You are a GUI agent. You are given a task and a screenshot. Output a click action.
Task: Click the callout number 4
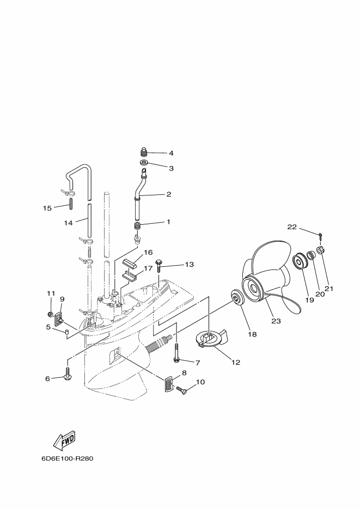(x=170, y=153)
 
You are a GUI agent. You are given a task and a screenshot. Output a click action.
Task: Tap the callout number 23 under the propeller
(x=276, y=321)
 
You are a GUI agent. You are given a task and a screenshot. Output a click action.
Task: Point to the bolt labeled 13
(x=159, y=265)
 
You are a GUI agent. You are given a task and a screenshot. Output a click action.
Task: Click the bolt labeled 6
(x=68, y=375)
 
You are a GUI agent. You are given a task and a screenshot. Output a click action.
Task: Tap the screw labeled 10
(x=182, y=389)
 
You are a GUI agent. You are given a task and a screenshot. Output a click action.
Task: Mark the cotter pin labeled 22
(x=322, y=236)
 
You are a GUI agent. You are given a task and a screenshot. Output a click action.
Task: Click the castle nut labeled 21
(x=321, y=252)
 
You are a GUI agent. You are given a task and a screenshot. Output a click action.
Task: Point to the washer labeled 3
(x=144, y=163)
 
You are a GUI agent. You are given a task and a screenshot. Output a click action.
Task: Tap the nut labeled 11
(x=50, y=314)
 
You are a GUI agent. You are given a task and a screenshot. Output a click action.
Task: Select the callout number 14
(x=68, y=222)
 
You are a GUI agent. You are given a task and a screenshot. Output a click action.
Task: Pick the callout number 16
(x=147, y=252)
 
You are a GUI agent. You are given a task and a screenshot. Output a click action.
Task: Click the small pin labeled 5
(x=66, y=331)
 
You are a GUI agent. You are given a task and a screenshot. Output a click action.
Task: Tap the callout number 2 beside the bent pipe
(x=168, y=194)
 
